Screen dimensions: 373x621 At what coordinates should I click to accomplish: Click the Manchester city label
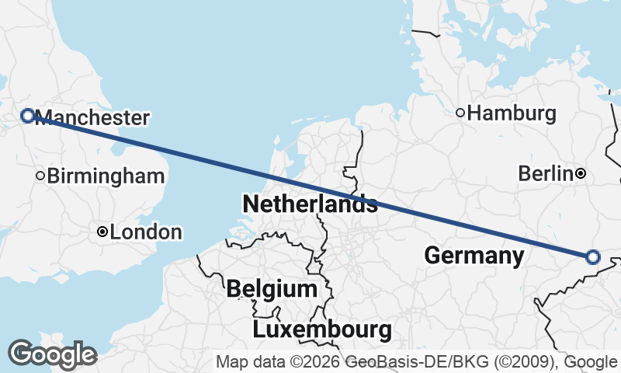(92, 118)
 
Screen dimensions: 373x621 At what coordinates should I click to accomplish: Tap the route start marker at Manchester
(27, 116)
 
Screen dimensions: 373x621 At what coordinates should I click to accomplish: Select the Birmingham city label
(106, 176)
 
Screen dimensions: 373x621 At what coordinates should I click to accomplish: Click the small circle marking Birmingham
(40, 176)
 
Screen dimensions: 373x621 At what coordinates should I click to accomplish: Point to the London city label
(146, 232)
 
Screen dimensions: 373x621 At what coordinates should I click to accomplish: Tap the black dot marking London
(102, 232)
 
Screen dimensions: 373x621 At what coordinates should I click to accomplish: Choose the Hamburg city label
(512, 113)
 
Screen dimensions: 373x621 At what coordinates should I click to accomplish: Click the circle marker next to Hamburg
(460, 113)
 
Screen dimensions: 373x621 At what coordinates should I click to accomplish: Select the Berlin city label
(545, 173)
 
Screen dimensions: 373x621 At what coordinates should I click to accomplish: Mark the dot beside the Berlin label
(581, 173)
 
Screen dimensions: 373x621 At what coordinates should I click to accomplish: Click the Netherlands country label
(310, 204)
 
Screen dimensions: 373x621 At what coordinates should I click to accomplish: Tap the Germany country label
(474, 255)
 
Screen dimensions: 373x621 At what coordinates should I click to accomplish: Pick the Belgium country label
(272, 289)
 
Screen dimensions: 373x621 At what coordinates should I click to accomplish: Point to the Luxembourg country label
(322, 329)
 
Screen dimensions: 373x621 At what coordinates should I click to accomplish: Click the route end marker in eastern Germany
(593, 257)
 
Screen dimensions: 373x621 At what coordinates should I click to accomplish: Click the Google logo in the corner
(52, 354)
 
